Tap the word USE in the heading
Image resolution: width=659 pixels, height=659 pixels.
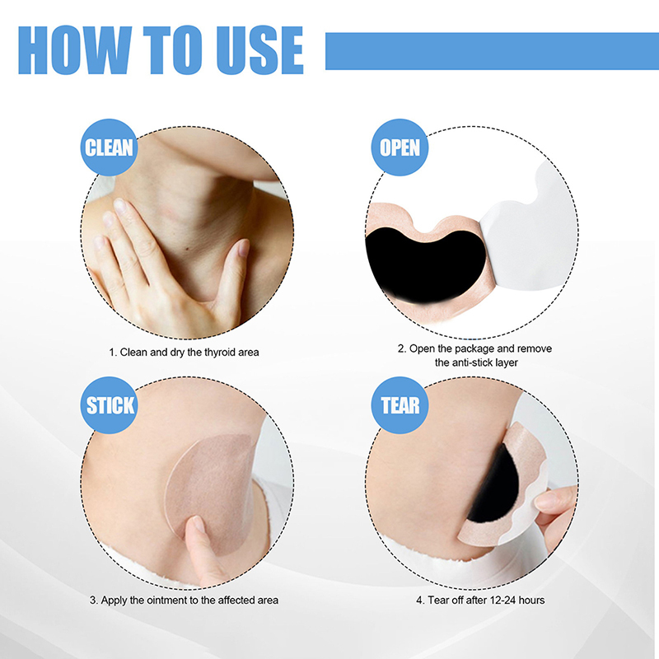coord(260,50)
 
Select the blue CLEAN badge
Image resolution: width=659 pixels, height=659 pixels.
coord(109,147)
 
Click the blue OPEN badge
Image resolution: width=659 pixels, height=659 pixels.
coord(400,147)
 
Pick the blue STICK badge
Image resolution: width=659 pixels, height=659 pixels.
coord(109,405)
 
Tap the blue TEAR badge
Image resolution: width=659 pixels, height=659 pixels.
coord(400,405)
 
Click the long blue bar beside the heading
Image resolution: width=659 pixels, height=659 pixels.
coord(492,51)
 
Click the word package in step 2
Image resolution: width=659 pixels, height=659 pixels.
coord(474,348)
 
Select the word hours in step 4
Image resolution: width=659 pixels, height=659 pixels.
coord(531,601)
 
